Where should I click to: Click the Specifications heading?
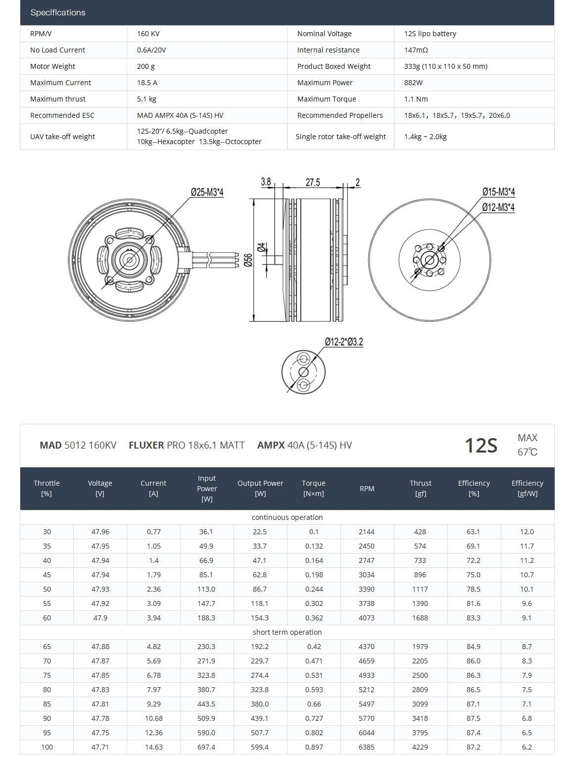[58, 12]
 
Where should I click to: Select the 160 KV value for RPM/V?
[148, 34]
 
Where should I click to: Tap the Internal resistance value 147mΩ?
[416, 50]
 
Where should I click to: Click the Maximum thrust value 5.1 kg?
[146, 99]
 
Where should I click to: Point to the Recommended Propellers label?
[340, 115]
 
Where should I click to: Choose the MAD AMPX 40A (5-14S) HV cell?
[180, 115]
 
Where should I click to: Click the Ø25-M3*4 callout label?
[207, 192]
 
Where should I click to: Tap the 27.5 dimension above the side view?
[313, 182]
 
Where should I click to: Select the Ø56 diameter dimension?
[248, 260]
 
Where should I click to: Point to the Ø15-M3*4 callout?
[498, 192]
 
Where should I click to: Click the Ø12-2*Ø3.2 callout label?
[344, 342]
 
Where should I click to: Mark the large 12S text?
[480, 446]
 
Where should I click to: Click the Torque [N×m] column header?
[314, 488]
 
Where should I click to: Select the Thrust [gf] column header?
[420, 488]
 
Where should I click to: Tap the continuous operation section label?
[287, 517]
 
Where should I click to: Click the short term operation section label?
[287, 632]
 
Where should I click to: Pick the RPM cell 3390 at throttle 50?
[367, 589]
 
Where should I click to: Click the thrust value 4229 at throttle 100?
[420, 747]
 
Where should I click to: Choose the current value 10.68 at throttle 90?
[153, 718]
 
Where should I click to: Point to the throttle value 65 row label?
[47, 647]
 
